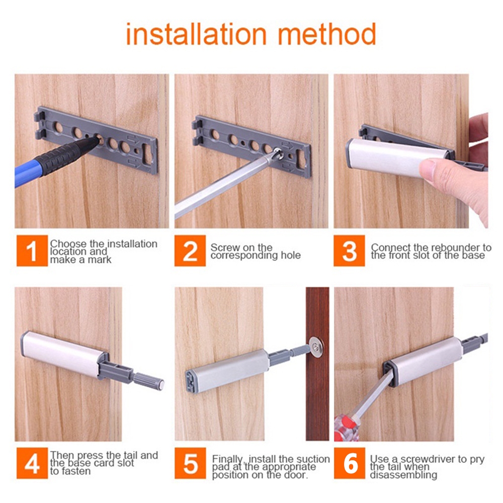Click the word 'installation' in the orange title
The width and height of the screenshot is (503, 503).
196,34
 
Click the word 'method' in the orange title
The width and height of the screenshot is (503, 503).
326,34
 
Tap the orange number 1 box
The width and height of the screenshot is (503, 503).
32,250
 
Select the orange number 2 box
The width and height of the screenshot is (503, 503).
190,250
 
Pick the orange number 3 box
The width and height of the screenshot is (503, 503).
349,250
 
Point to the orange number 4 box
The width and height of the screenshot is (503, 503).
32,463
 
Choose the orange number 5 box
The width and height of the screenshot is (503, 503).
190,463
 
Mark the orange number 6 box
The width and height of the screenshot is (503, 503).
350,463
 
